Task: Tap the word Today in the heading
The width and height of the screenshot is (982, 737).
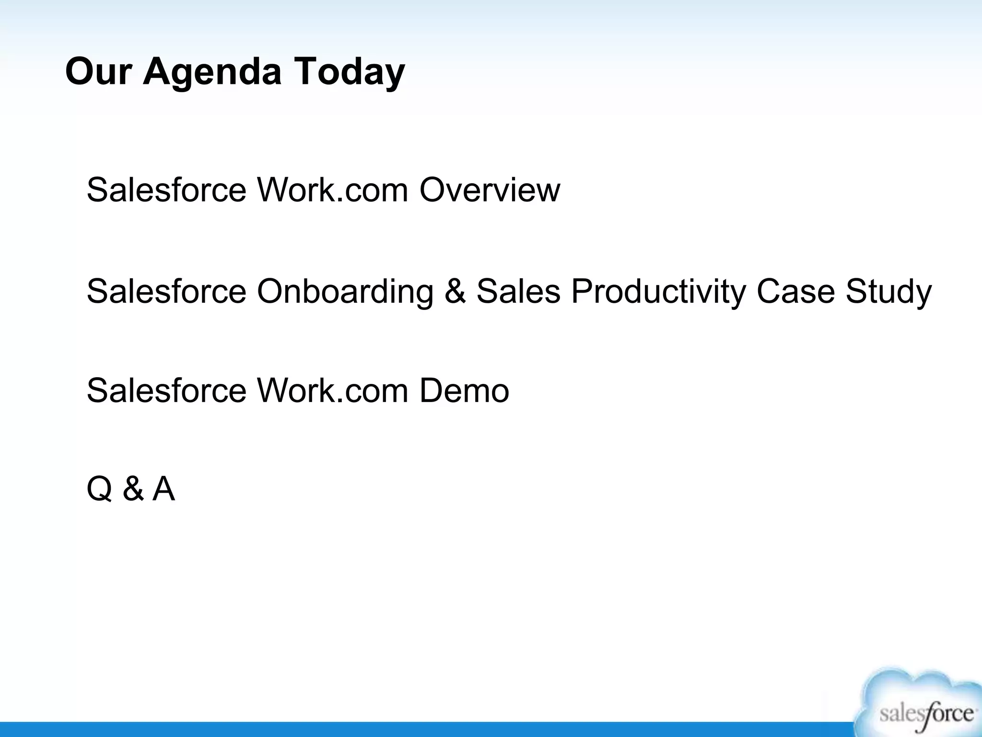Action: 349,72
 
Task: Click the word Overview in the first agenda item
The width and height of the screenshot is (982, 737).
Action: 490,190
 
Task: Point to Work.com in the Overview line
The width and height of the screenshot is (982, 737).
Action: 333,190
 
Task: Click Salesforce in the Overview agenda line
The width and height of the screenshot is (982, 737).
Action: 166,190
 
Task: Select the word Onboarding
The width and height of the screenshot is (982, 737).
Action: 345,291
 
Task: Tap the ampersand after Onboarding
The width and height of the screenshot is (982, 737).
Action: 455,291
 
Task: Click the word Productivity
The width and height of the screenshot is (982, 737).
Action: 658,291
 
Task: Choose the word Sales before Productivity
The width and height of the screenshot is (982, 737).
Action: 518,291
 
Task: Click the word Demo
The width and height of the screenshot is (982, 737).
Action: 464,391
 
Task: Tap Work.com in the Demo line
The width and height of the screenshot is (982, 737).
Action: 333,391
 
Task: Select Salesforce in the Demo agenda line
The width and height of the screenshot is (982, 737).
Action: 166,391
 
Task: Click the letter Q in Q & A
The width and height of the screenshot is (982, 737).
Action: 99,489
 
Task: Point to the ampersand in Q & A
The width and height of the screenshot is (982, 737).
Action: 133,489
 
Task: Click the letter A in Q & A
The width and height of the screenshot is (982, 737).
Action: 164,489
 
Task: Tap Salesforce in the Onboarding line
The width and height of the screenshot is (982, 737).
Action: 166,291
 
